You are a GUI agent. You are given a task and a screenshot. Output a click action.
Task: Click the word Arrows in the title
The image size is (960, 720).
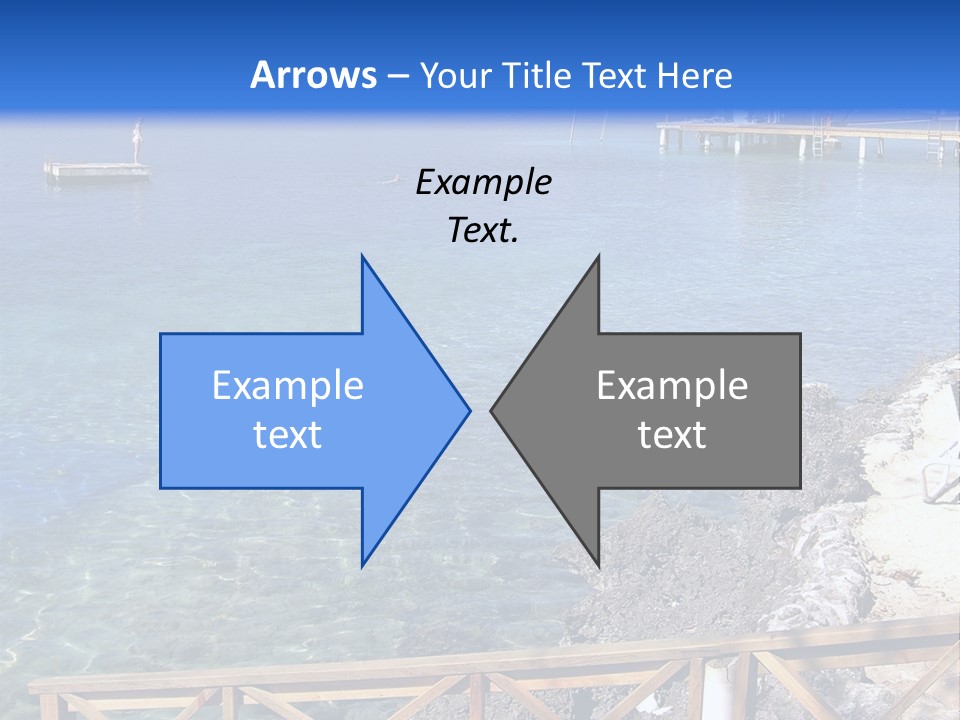(x=312, y=75)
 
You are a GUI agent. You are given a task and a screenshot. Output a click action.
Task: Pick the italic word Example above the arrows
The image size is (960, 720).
(x=483, y=183)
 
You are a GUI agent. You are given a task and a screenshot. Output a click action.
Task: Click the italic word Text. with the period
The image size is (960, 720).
(x=483, y=231)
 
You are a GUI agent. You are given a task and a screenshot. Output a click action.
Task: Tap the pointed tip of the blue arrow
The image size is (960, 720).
(x=468, y=410)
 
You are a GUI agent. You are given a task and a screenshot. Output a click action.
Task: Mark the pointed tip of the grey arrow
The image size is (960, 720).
(x=492, y=410)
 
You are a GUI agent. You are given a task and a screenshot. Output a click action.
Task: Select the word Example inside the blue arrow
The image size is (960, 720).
(x=288, y=386)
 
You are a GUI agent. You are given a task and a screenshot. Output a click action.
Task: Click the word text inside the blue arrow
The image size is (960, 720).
(x=288, y=435)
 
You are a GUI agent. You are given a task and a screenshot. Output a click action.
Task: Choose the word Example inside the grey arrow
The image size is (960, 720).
(x=672, y=386)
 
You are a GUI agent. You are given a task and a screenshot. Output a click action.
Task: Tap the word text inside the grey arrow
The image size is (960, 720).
(x=672, y=435)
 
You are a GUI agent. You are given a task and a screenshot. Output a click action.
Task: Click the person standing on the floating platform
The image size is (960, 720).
(x=138, y=140)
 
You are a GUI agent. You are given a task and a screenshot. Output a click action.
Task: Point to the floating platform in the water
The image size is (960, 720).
(x=97, y=171)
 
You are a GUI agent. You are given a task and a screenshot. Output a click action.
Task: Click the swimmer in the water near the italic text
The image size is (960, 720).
(x=391, y=180)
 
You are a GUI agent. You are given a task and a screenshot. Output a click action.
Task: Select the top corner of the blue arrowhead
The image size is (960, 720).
(x=363, y=257)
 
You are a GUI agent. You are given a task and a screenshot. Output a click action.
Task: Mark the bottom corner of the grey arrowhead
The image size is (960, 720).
(x=598, y=565)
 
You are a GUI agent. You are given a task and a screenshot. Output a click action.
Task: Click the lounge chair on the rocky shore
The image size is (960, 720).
(x=938, y=465)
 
